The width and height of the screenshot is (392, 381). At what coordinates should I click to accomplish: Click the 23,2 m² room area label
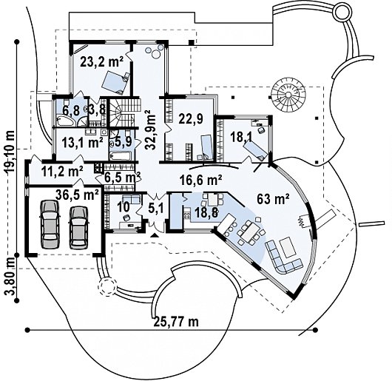coord(102,61)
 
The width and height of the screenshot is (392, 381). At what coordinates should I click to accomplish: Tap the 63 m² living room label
coord(273,199)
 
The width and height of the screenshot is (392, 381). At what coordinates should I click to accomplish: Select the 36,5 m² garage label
coord(77,195)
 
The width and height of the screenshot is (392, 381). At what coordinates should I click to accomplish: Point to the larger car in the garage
coord(51,224)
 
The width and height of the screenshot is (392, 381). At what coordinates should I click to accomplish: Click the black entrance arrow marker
coord(155,235)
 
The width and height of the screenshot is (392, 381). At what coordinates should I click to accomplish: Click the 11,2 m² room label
coord(62,172)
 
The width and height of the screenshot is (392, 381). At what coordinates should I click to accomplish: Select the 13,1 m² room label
coord(83,143)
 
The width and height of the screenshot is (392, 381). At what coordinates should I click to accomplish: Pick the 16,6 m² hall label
coord(201,180)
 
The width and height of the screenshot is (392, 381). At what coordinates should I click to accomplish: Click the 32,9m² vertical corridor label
coord(152,130)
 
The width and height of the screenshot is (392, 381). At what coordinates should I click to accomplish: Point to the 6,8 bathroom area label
coord(69,110)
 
